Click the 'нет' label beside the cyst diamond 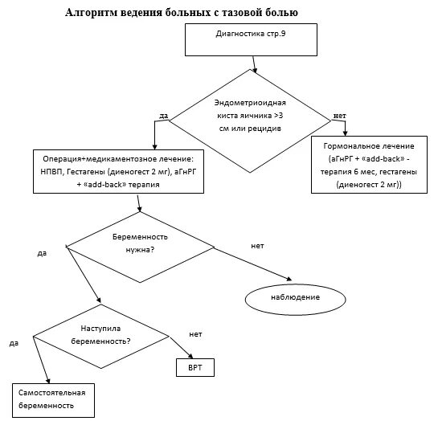coord(340,116)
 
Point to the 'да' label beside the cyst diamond coord(163,116)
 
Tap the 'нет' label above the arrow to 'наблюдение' coord(257,246)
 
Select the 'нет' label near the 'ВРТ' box coord(195,334)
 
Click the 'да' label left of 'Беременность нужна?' coord(42,254)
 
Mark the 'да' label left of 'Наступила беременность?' coord(14,343)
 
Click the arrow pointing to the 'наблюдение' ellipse coord(253,264)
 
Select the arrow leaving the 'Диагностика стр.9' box coord(255,64)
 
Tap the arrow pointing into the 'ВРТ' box coord(182,348)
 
